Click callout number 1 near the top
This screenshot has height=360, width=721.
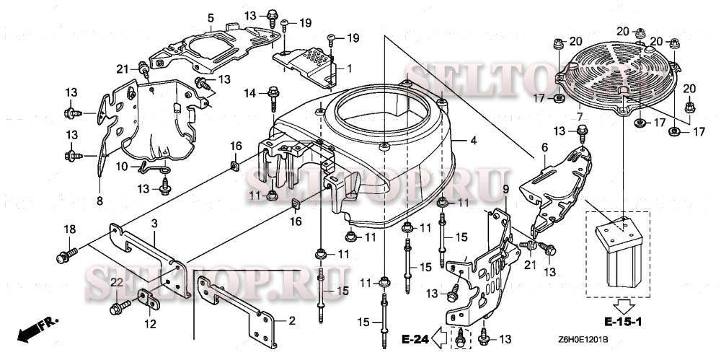pyautogui.click(x=349, y=69)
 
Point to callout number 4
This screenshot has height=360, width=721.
pyautogui.click(x=474, y=140)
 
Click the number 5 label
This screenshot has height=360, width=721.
pyautogui.click(x=211, y=17)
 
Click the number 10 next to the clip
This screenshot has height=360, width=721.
pyautogui.click(x=122, y=167)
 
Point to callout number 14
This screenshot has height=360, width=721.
pyautogui.click(x=250, y=92)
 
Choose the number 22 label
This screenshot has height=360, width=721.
pyautogui.click(x=115, y=282)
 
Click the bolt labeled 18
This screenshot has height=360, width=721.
pyautogui.click(x=66, y=255)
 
